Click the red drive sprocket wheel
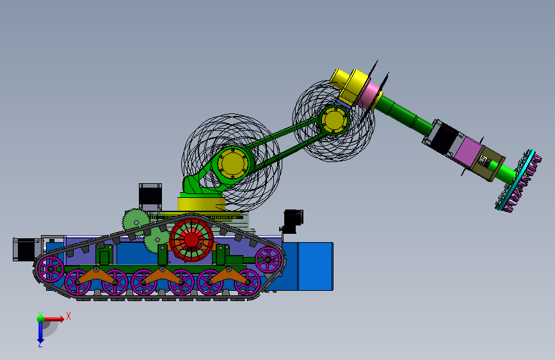[191, 240]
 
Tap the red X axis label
[68, 316]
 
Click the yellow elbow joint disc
[334, 120]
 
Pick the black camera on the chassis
[293, 222]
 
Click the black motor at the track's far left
[25, 249]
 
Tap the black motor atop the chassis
[150, 196]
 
